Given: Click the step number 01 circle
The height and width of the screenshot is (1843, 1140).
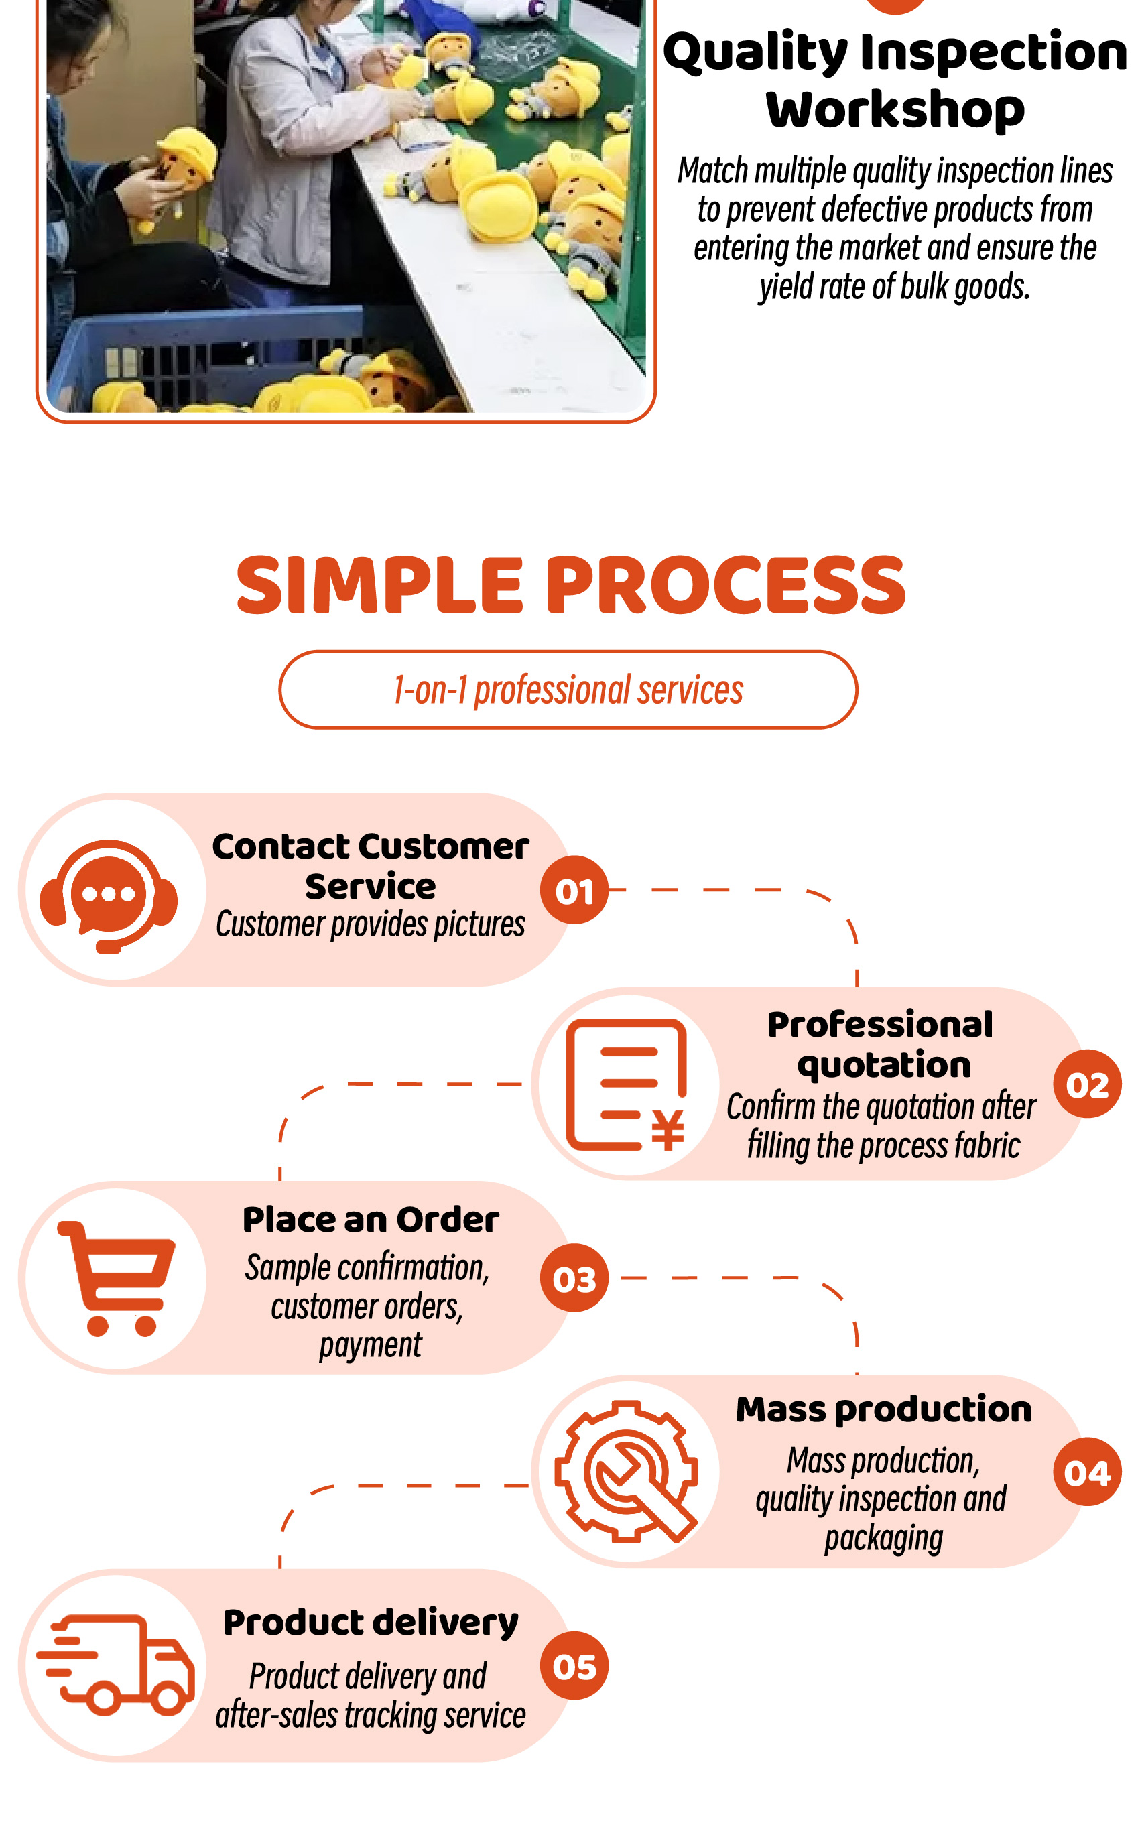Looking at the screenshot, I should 574,890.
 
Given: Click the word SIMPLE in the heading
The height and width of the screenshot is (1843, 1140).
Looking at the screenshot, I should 379,585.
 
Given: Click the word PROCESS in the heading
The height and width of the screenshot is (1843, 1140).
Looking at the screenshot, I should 725,585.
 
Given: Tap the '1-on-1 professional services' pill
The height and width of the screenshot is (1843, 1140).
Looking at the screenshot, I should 568,690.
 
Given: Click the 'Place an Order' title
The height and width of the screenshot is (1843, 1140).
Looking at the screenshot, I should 370,1220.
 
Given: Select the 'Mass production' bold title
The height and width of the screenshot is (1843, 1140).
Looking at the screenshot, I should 883,1409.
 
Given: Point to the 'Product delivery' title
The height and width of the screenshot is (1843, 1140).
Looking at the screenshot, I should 370,1622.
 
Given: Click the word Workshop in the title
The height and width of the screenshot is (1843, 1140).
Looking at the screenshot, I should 895,109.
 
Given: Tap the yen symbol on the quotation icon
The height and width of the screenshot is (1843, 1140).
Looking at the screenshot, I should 668,1130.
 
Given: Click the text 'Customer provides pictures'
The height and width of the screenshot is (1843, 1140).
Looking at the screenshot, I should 370,924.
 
